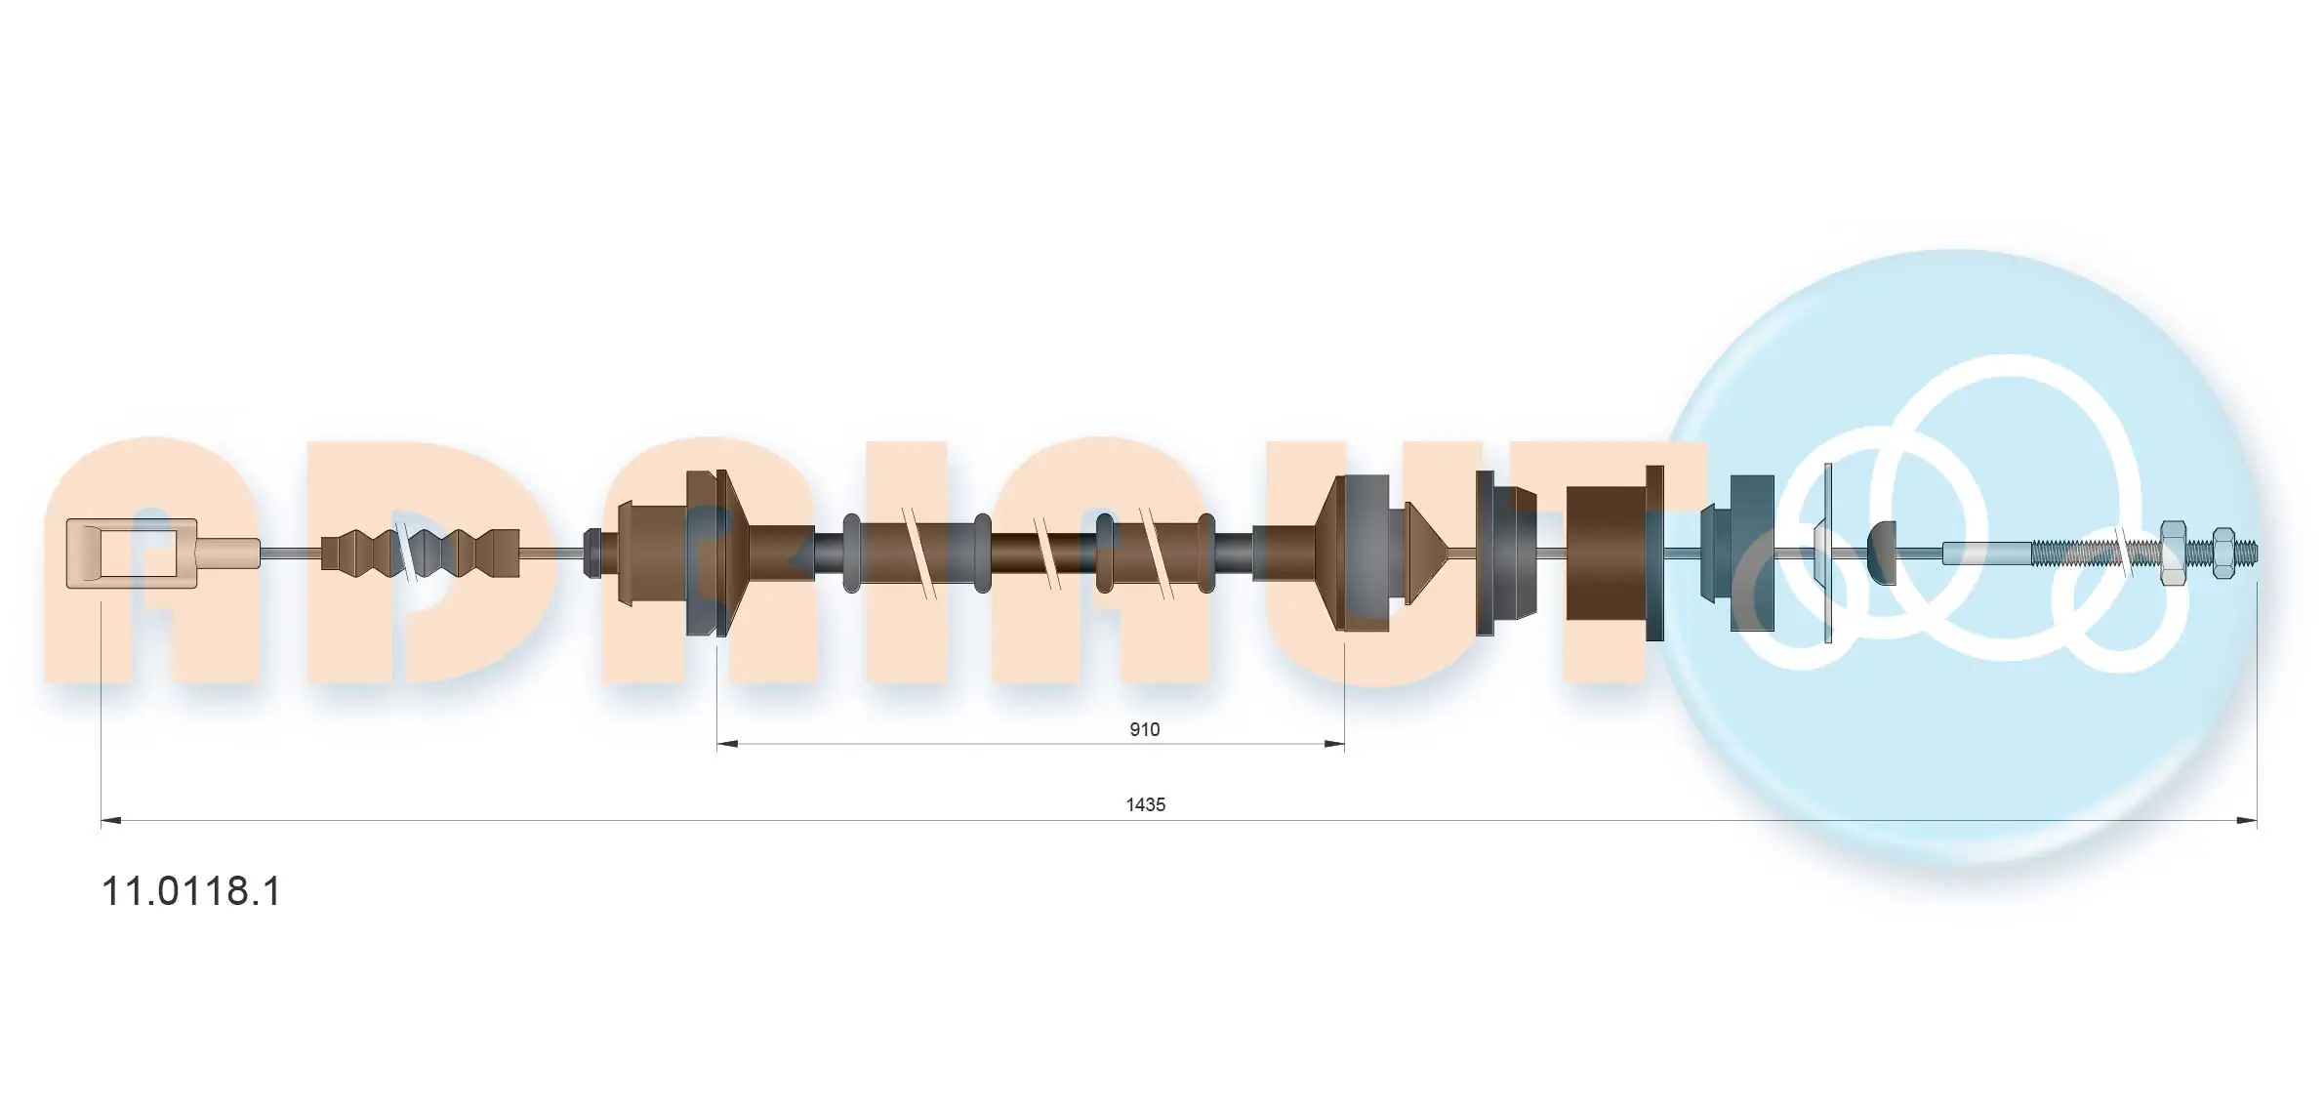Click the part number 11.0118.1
[191, 891]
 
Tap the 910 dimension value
[1144, 729]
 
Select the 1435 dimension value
[1146, 804]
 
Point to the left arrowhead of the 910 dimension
[728, 744]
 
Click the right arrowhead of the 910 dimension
[1333, 744]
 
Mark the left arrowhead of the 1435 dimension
[111, 820]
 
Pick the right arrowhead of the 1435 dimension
[2246, 820]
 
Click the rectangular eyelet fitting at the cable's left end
[132, 553]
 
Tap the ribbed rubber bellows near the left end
[421, 553]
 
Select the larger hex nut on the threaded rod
[2173, 553]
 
